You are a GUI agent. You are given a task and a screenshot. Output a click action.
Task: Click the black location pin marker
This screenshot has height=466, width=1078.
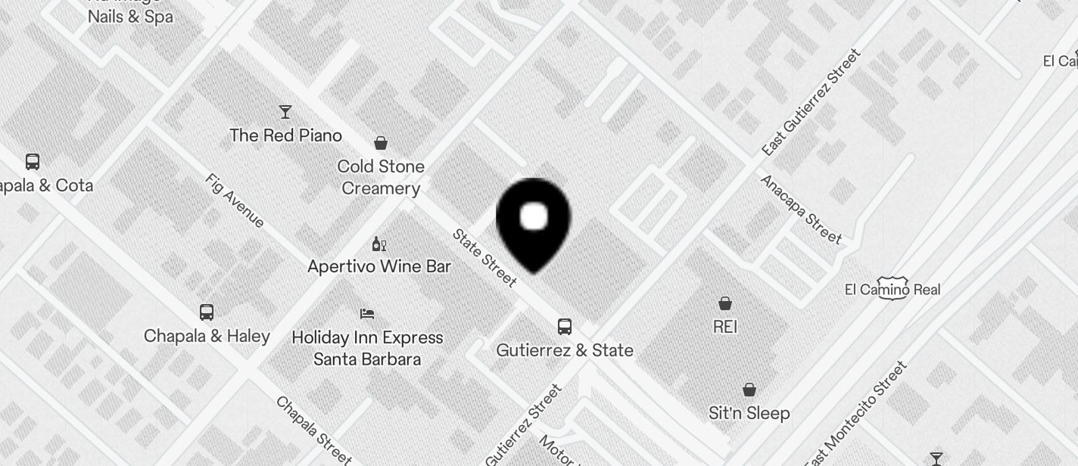click(x=534, y=223)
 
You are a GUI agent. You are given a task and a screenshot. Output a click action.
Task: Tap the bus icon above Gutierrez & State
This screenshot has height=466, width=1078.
click(x=565, y=327)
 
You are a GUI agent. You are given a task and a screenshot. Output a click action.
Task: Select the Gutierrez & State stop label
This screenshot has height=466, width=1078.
click(x=565, y=350)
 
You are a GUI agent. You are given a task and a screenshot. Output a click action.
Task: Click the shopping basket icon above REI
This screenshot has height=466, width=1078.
click(x=725, y=303)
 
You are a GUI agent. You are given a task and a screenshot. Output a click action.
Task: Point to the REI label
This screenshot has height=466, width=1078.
click(x=725, y=327)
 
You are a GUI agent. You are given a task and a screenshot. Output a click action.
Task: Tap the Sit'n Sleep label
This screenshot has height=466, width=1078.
click(x=749, y=413)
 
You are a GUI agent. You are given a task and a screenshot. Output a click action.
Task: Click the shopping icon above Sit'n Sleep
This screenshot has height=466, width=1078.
click(x=749, y=390)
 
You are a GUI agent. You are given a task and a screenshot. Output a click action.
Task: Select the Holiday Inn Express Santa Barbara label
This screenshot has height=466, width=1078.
click(x=367, y=348)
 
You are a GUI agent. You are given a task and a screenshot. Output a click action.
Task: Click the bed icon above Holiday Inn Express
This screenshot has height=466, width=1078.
click(x=367, y=313)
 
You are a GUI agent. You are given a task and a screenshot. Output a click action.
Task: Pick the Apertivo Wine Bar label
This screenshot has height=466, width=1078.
click(x=379, y=266)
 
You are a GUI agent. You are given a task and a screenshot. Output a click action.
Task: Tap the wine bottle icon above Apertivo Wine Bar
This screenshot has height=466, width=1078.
click(x=379, y=244)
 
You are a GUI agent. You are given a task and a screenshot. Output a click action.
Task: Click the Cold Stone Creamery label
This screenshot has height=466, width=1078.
click(x=381, y=177)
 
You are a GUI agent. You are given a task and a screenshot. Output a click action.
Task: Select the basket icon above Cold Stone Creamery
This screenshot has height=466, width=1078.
click(x=381, y=143)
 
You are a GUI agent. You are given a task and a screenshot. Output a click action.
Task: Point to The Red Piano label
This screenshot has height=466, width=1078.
click(x=285, y=135)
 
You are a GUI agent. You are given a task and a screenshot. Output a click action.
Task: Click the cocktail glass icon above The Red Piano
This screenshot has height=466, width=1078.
click(x=285, y=112)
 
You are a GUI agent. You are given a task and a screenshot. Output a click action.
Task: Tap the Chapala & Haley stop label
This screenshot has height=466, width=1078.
click(x=207, y=336)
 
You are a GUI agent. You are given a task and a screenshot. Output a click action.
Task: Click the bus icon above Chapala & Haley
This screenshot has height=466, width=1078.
click(x=206, y=312)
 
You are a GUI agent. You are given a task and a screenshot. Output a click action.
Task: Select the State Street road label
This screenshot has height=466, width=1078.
click(x=484, y=258)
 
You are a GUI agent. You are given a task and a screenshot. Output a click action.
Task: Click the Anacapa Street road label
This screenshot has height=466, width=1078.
click(x=801, y=210)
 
